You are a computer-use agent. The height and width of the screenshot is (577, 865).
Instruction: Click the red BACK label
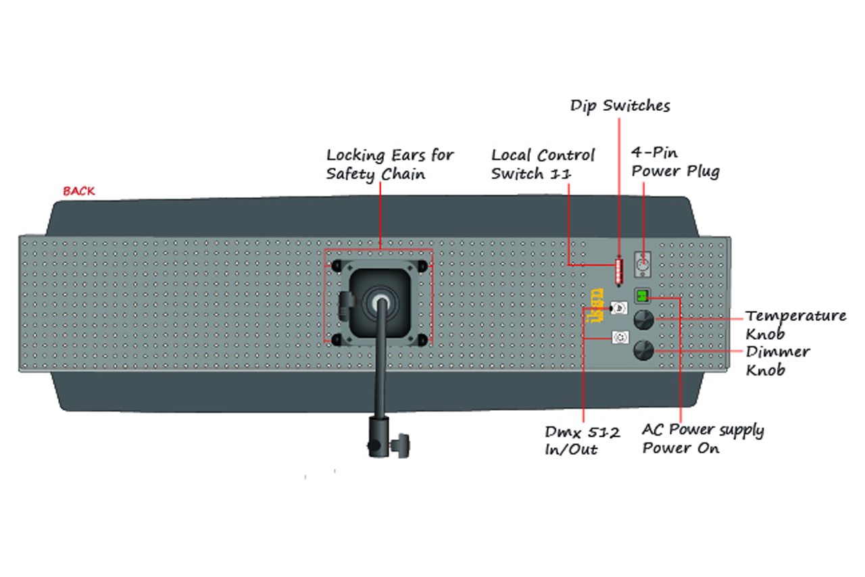(x=79, y=191)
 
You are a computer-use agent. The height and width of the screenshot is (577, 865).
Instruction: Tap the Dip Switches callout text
(x=620, y=106)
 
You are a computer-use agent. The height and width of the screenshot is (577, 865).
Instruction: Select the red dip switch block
(x=619, y=271)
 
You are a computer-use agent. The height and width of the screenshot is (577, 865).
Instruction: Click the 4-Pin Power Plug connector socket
(x=643, y=265)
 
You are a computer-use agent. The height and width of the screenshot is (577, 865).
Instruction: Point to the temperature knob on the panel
(x=644, y=320)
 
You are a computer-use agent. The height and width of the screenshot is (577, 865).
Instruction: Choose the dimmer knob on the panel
(x=644, y=350)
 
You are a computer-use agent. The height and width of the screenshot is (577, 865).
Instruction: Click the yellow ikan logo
(x=595, y=305)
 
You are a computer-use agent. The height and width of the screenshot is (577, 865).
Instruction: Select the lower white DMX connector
(x=620, y=337)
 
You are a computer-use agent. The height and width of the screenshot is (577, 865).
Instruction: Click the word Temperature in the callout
(x=796, y=317)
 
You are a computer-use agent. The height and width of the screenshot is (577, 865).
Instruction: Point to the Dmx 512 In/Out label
(x=583, y=441)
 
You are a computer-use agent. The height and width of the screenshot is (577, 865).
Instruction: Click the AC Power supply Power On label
(x=703, y=439)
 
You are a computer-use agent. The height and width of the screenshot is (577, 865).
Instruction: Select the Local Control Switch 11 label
(x=543, y=165)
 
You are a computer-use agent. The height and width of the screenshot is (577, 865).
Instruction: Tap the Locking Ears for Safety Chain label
(x=390, y=165)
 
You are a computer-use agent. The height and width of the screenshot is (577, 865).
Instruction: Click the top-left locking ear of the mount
(x=337, y=266)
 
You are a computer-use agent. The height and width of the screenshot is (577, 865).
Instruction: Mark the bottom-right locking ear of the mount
(x=422, y=340)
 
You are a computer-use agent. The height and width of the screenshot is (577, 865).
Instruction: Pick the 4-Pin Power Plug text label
(x=675, y=163)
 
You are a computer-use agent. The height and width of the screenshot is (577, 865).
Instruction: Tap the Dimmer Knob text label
(x=778, y=361)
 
